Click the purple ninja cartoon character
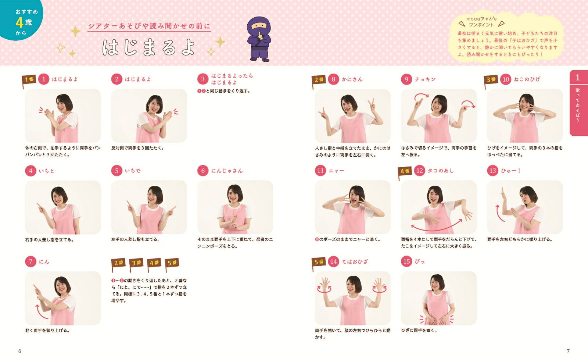coord(259,39)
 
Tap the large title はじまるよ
coord(149,47)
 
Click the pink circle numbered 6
coord(202,171)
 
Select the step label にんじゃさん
coord(227,171)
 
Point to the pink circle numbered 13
coord(492,171)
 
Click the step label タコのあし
coord(441,171)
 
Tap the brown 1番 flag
coord(29,81)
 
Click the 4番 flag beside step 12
coord(405,172)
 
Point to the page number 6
coord(20,351)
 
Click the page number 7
coord(568,351)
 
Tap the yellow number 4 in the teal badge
coord(19,22)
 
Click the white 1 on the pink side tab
coord(577,77)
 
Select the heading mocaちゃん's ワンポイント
coord(481,22)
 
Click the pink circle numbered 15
coord(406,261)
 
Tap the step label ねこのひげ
coord(527,79)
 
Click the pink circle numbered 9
coord(406,79)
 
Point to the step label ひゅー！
coord(510,171)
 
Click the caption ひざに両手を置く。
coord(419,330)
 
